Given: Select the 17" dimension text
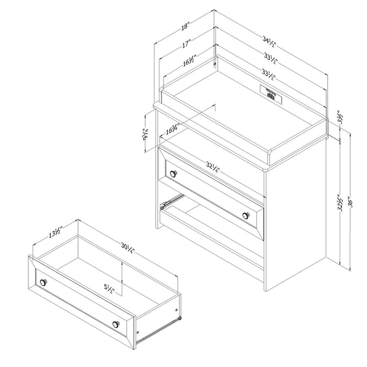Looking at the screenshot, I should [186, 45].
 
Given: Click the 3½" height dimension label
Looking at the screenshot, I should [340, 116].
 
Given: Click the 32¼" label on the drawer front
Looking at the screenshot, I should [211, 169].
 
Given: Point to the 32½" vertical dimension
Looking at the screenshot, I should [341, 202].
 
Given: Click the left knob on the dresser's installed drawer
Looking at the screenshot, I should [174, 173].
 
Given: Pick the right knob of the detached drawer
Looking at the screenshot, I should [115, 324].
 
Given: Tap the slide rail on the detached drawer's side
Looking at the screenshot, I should [160, 326].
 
